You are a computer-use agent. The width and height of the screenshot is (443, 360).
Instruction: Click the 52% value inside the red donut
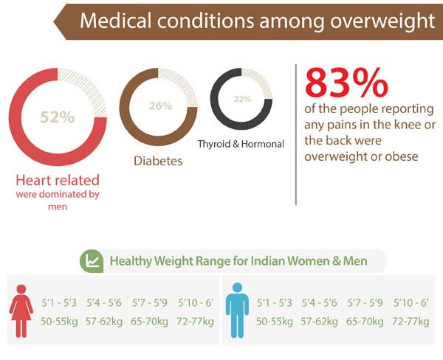[x=57, y=117]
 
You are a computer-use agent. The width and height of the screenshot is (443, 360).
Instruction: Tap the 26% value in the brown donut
[x=159, y=106]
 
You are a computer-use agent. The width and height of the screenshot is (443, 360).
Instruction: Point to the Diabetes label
[x=158, y=160]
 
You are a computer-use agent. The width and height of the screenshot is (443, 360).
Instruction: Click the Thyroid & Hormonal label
[x=241, y=145]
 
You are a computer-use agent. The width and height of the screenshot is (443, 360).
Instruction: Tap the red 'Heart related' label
[x=58, y=180]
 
